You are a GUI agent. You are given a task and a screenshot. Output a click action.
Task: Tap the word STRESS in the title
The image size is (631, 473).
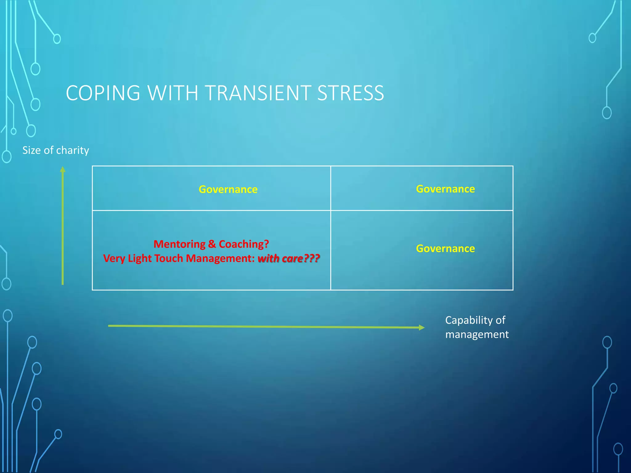coord(350,93)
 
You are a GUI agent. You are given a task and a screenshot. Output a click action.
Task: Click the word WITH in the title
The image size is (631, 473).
coord(173,93)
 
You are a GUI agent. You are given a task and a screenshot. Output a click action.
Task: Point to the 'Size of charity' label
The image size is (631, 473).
coord(55,150)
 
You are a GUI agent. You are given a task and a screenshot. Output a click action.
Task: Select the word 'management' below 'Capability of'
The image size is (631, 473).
coord(477,334)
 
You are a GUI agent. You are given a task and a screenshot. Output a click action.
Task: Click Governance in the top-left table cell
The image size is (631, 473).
coord(228,189)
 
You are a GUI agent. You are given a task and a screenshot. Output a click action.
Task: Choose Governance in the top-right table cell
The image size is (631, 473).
coord(445,189)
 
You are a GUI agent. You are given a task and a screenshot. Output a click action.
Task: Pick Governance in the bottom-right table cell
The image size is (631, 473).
coord(445,249)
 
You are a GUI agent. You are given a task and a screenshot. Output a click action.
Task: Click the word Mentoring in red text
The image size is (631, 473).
coord(179,244)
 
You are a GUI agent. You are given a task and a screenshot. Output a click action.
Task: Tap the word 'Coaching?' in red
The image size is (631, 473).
coord(244,244)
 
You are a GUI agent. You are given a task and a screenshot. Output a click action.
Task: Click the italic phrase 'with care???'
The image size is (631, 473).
coord(288,258)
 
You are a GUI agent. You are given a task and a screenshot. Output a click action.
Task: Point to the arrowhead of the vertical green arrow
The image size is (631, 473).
coord(63,169)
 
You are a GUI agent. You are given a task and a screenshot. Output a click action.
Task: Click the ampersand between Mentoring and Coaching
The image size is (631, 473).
coord(212,244)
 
